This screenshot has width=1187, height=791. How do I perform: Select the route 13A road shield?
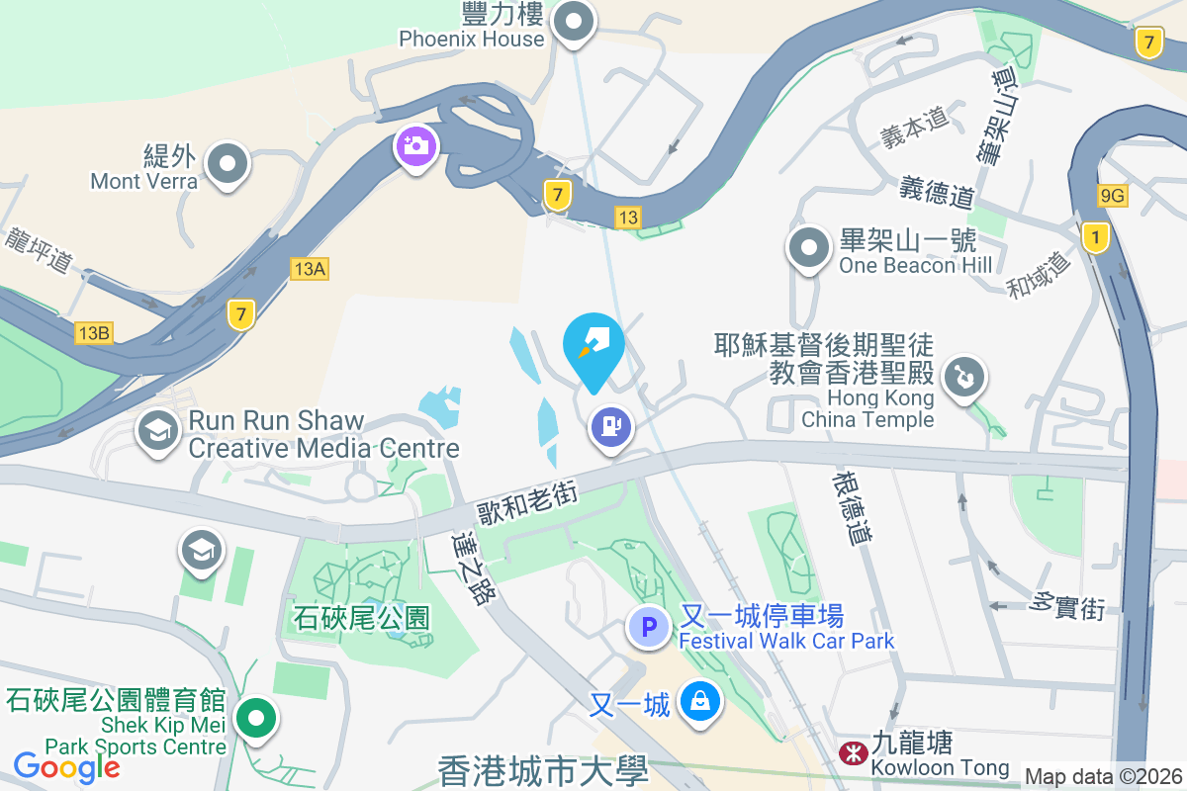pyautogui.click(x=309, y=268)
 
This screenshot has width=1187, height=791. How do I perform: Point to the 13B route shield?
pyautogui.click(x=94, y=333)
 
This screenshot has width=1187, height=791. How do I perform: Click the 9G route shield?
pyautogui.click(x=1113, y=196)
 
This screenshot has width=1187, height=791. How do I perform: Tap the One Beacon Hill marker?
pyautogui.click(x=809, y=247)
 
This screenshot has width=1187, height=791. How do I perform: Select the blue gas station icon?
pyautogui.click(x=611, y=427)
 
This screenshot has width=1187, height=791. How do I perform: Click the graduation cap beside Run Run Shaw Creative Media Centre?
pyautogui.click(x=157, y=431)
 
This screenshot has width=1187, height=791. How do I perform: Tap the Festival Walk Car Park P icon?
pyautogui.click(x=650, y=627)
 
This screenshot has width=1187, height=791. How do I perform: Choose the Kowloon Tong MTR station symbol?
pyautogui.click(x=850, y=753)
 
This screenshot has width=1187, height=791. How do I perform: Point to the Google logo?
pyautogui.click(x=67, y=766)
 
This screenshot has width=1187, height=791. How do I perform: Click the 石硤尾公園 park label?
pyautogui.click(x=362, y=619)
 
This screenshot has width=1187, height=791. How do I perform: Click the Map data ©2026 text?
pyautogui.click(x=1103, y=777)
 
